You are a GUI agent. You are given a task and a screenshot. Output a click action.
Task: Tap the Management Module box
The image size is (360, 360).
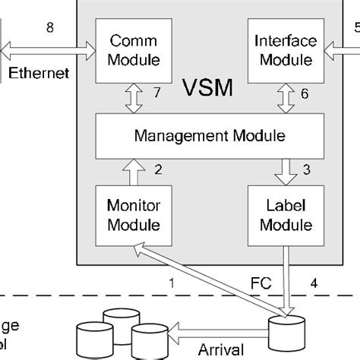[209, 137]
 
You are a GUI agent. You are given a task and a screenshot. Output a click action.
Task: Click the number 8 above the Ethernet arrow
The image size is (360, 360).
[50, 30]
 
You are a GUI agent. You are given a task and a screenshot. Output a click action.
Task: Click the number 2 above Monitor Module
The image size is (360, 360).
[158, 169]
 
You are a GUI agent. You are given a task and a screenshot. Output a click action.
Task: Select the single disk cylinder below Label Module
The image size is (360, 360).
[288, 330]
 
